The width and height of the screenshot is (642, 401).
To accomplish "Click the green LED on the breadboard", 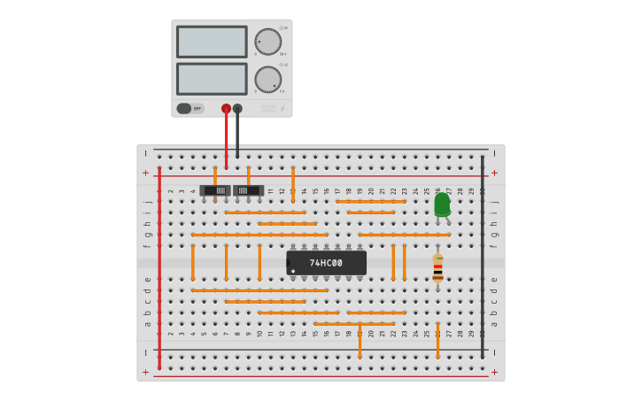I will coord(442,204).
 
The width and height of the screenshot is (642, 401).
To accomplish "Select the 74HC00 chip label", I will coord(325,263).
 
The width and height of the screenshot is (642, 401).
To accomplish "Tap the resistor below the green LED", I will coord(437,268).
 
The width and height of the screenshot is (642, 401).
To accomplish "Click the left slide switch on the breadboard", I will coord(215,190).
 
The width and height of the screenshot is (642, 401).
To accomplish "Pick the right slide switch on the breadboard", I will coord(248,190).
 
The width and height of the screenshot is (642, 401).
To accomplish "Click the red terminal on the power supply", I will coord(226,109).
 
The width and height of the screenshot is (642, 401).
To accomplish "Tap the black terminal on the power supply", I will coord(237,109).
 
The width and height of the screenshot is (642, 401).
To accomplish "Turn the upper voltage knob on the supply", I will coord(267,42).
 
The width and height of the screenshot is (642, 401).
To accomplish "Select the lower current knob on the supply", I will coord(267,80).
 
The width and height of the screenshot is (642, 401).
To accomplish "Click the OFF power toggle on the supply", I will coord(189,109).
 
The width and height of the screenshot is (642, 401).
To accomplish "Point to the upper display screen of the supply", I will coord(212,42).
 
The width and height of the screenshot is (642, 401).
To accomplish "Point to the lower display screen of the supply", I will coord(212,79).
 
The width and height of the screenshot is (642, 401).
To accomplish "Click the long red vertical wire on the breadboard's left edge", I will coord(159,266).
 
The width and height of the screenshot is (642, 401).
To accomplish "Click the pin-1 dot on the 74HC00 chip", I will coord(293,271).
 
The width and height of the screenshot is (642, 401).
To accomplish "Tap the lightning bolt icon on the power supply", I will coord(282,109).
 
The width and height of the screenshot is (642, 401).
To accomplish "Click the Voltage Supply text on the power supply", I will coord(267,109).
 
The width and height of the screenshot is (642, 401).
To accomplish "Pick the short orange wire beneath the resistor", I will coord(437,340).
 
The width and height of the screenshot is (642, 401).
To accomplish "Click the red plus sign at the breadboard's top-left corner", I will coord(146,173).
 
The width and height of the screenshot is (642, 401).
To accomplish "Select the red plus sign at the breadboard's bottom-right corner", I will coord(494,372).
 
